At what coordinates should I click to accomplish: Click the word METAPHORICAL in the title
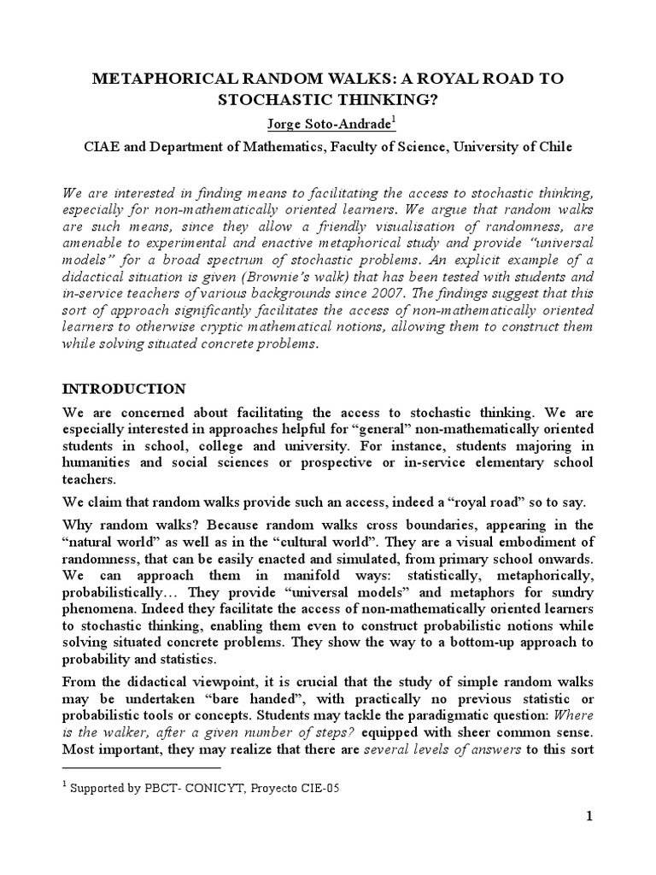tap(147, 79)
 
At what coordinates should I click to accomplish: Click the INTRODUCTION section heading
tap(125, 389)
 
